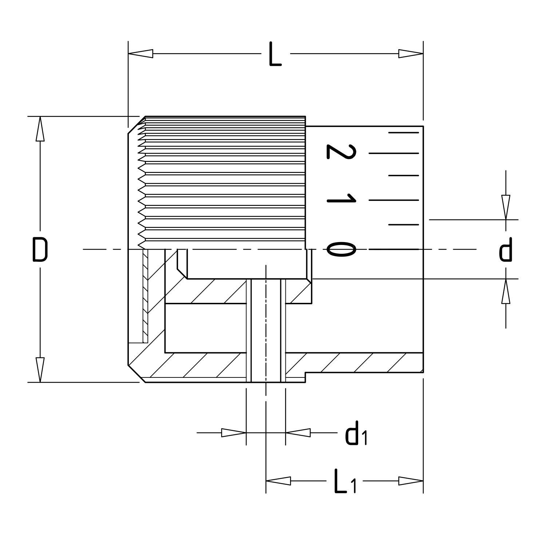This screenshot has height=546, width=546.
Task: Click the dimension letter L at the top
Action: point(275,54)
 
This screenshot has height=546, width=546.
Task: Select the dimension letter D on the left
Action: point(40,249)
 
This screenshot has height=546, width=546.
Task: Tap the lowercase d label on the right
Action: point(505,249)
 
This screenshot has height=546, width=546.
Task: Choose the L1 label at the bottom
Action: point(345,481)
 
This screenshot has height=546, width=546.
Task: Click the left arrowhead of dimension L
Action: point(141,54)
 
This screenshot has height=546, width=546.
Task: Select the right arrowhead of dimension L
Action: point(411,54)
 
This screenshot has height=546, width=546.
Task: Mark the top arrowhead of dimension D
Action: point(40,128)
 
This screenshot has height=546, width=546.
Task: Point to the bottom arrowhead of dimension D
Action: point(40,370)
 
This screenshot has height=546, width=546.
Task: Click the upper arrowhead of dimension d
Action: point(506,207)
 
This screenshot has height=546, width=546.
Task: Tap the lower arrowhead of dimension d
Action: point(506,291)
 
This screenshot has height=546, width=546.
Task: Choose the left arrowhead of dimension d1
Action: point(234,433)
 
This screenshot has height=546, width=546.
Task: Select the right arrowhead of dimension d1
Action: point(298,433)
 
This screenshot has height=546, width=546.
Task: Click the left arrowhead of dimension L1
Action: point(278,481)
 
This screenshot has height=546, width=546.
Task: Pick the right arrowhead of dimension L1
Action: point(411,481)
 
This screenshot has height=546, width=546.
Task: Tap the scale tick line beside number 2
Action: point(394,153)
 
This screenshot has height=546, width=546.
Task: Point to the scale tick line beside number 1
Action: point(394,200)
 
